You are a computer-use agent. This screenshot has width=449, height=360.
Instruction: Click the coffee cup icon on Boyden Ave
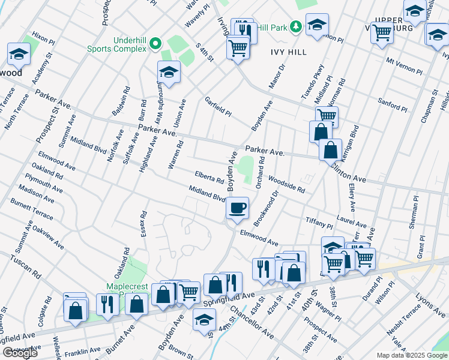point(237,208)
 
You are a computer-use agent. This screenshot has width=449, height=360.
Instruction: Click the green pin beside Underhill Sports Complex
point(155,43)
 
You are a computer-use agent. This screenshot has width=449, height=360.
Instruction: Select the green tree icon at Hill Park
point(295,26)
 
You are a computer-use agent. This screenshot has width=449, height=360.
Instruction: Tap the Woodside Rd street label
point(286,184)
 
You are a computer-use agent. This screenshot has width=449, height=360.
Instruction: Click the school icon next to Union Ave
point(169,73)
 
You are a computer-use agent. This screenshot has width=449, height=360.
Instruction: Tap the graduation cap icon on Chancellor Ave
point(204,320)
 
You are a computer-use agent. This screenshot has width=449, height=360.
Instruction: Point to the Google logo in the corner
point(20,353)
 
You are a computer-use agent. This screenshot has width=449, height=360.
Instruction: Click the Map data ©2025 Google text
point(412,355)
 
